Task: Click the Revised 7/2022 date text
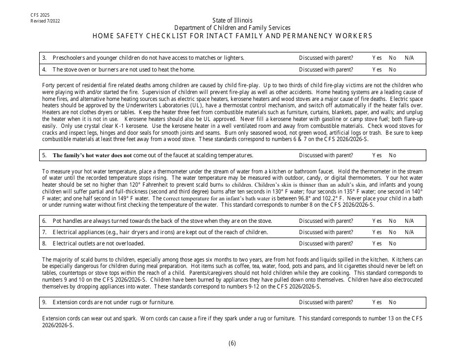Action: coord(45,22)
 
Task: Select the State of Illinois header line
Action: coord(232,20)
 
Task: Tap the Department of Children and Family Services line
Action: coord(232,28)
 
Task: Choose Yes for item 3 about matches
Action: coord(377,58)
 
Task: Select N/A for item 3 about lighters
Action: coord(409,58)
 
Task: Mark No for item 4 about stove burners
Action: coord(393,70)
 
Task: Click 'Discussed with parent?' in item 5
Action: coord(326,156)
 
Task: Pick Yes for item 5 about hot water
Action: coord(377,156)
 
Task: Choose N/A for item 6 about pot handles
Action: coord(409,221)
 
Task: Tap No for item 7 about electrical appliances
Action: coord(393,232)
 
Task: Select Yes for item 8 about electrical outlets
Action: coord(377,243)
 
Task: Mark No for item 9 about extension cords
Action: coord(393,302)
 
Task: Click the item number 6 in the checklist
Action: coord(44,221)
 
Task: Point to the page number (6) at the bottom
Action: coord(232,343)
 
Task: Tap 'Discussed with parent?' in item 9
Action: coord(326,302)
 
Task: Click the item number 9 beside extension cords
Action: coord(44,302)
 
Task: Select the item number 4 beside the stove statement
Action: coord(44,70)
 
